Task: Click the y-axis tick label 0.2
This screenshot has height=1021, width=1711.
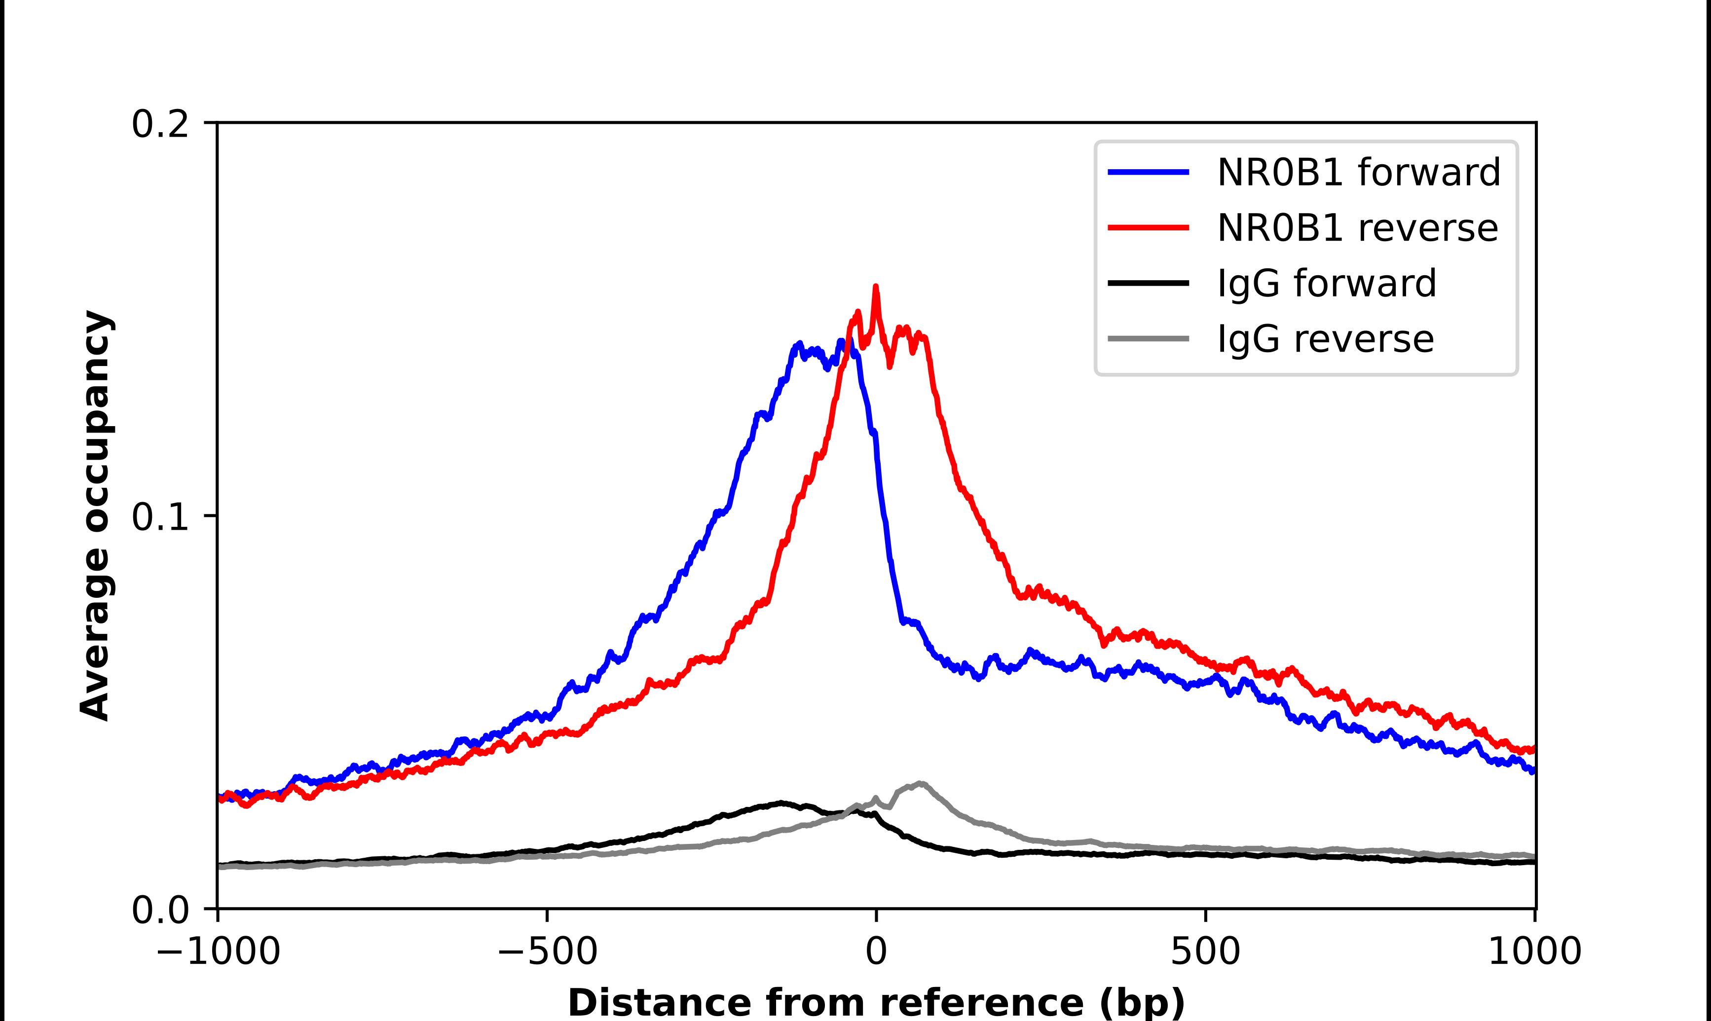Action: pos(160,125)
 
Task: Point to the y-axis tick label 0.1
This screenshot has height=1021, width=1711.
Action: pos(160,517)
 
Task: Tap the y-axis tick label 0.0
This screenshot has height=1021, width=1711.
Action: pos(160,910)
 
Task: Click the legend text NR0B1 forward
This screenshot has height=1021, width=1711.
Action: pos(1359,172)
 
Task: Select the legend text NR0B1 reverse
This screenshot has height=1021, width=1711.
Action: pos(1357,228)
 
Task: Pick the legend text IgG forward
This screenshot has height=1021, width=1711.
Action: pos(1327,284)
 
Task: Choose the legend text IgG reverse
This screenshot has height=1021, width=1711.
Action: pos(1325,339)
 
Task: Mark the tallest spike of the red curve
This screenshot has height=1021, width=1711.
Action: pos(876,287)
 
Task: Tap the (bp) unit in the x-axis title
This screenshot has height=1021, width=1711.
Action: pos(1142,1003)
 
